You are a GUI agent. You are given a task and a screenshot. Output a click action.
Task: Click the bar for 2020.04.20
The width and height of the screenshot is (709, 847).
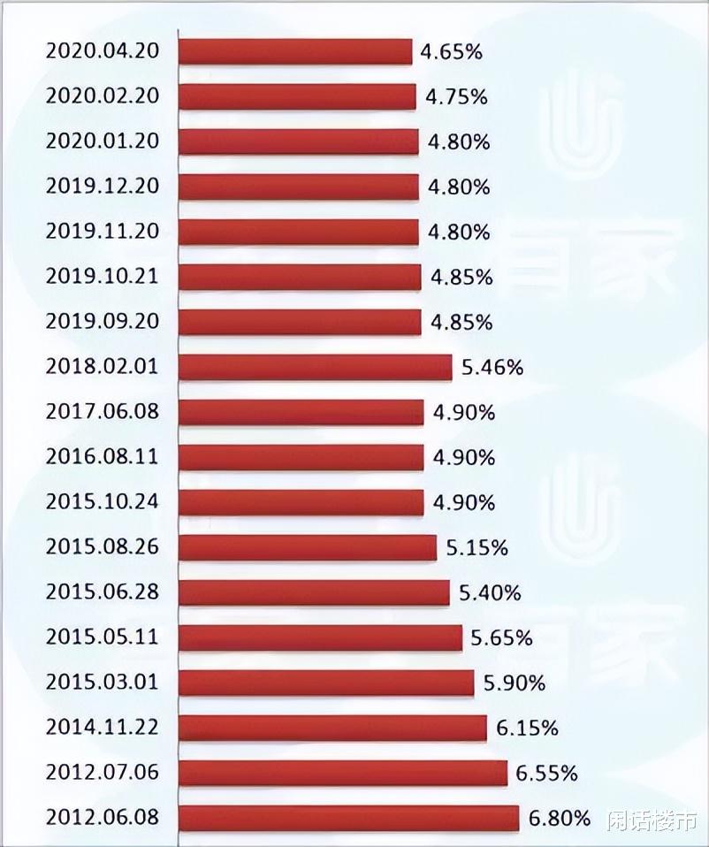[295, 51]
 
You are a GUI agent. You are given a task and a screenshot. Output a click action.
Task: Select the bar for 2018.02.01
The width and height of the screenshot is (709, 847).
[315, 367]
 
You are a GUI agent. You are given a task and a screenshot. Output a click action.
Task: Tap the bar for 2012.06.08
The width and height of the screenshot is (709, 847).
[348, 818]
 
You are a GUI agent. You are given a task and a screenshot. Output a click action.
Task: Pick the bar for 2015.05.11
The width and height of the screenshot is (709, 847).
[320, 637]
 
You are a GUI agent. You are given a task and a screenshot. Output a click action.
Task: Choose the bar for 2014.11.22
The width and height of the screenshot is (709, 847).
[332, 728]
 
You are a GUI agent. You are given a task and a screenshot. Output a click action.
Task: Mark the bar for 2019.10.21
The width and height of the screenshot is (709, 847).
[300, 277]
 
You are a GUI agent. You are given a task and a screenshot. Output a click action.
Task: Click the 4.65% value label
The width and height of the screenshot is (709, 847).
[451, 51]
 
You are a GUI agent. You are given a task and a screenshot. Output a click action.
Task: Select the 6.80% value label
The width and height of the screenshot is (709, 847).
[559, 819]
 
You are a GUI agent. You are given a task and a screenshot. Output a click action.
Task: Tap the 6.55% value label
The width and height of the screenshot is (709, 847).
[546, 774]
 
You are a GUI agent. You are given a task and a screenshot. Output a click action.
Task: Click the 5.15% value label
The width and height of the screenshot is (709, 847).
[477, 548]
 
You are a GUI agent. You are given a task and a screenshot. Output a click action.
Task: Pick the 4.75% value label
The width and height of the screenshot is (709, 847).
[455, 96]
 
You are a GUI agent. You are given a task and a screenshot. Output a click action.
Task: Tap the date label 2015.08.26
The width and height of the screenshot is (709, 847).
[102, 546]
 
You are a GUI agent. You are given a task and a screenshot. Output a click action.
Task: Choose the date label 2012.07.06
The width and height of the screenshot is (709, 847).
[102, 772]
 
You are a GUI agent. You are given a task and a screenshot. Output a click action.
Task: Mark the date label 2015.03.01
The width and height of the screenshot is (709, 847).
[102, 682]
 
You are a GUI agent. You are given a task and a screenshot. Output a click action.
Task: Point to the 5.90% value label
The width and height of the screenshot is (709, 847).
[515, 683]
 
